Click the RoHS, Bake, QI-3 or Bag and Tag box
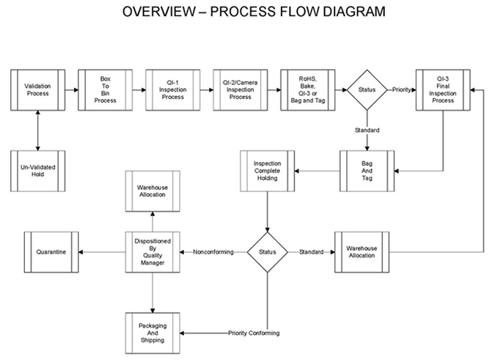click(308, 89)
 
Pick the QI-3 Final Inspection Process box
click(443, 89)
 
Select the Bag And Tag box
click(367, 171)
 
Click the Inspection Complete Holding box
click(268, 171)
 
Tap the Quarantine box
click(51, 252)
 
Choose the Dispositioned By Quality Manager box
click(153, 252)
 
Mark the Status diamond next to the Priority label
click(367, 89)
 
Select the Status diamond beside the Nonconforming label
click(268, 252)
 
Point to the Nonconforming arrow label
click(213, 252)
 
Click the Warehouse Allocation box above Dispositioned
click(153, 191)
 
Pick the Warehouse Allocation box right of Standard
click(362, 252)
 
